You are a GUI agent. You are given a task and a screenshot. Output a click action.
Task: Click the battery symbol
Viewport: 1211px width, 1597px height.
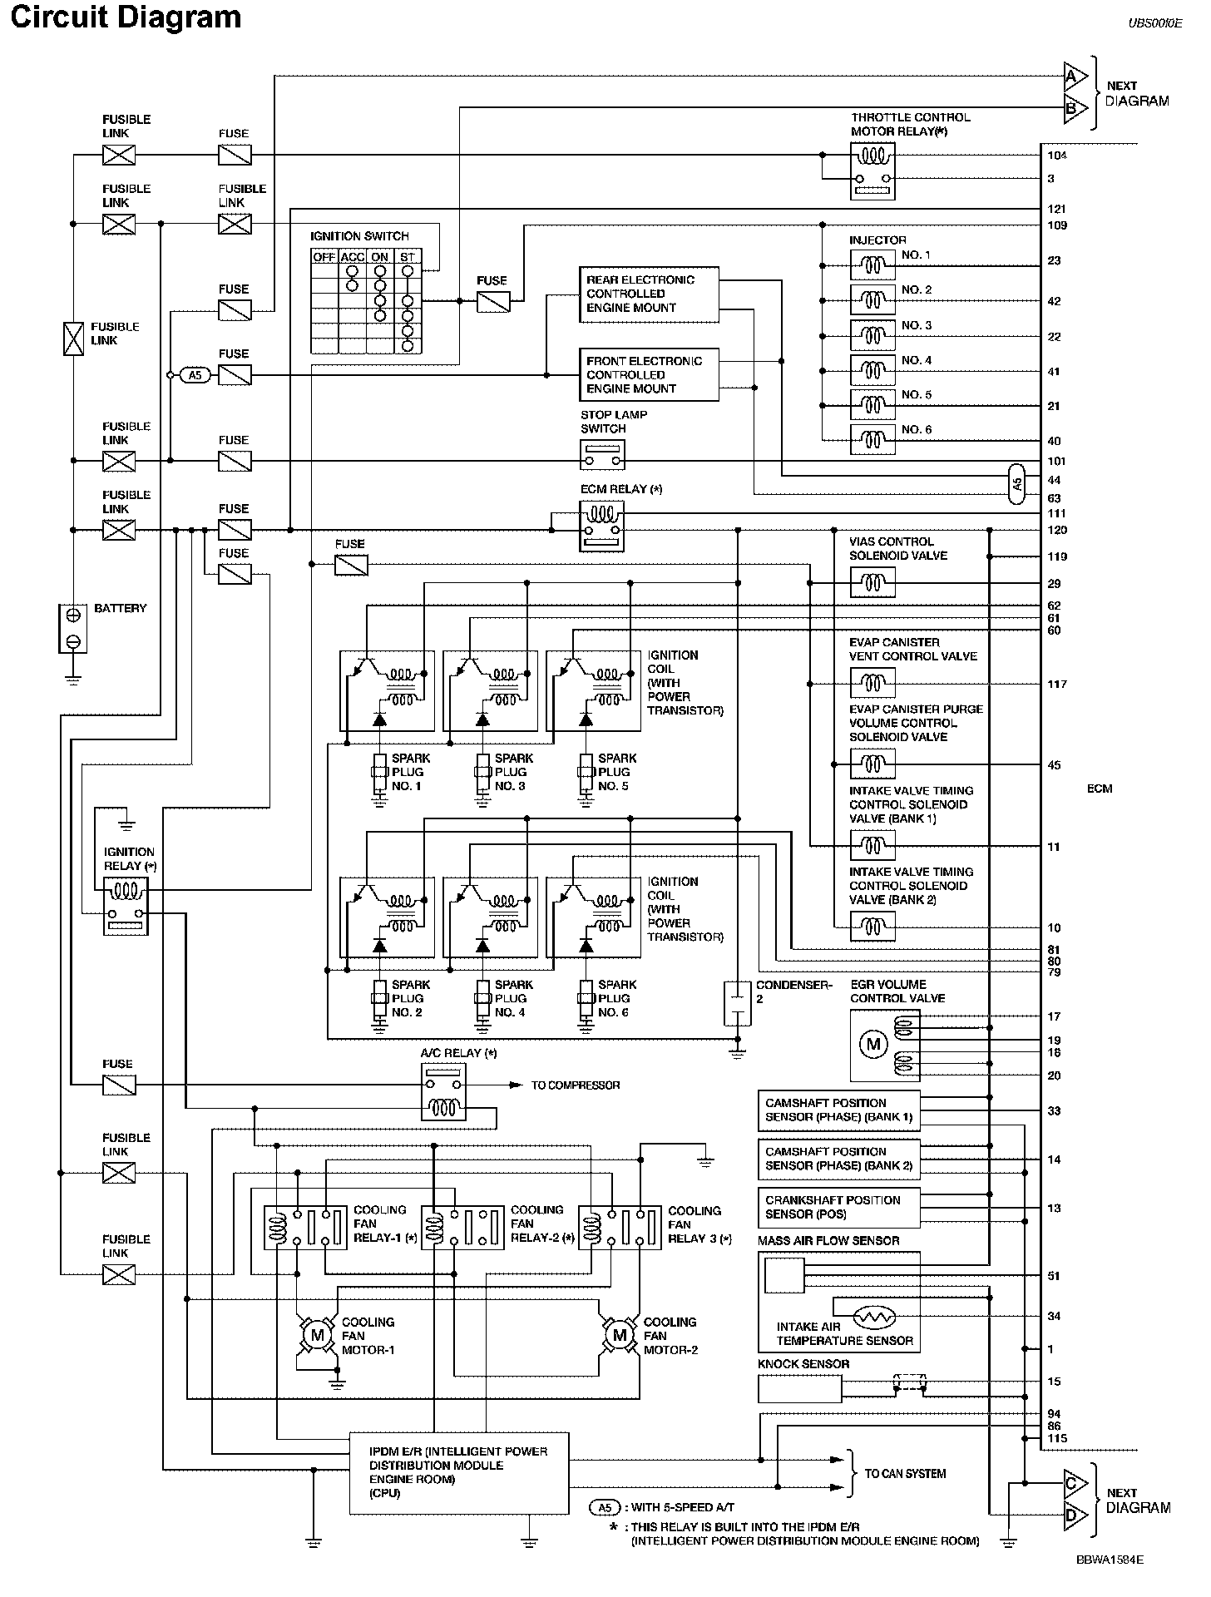73,628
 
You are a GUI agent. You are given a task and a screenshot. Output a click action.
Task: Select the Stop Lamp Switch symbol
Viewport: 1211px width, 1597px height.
602,455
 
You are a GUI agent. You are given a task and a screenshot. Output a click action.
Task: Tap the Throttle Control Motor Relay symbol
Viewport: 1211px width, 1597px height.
872,171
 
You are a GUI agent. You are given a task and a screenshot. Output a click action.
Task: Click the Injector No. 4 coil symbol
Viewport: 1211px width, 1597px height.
872,370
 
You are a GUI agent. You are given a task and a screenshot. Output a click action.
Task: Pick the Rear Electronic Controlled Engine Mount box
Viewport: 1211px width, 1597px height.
649,294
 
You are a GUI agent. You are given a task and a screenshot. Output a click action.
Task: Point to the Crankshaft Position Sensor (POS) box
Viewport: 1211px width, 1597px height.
839,1208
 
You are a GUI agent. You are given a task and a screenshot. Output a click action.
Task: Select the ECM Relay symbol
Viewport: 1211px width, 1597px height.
601,527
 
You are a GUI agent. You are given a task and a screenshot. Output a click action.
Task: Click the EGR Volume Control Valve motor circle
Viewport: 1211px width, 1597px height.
873,1045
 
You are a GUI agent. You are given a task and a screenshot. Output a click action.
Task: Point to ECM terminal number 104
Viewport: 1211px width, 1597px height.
1057,156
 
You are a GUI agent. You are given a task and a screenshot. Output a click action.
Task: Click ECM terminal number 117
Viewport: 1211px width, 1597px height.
1057,684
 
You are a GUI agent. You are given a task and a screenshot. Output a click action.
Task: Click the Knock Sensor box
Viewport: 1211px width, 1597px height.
799,1388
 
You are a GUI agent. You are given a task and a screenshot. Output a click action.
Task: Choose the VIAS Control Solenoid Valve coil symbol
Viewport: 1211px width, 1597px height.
872,583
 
